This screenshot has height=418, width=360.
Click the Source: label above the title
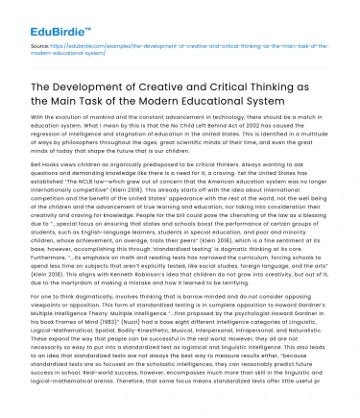point(41,44)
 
